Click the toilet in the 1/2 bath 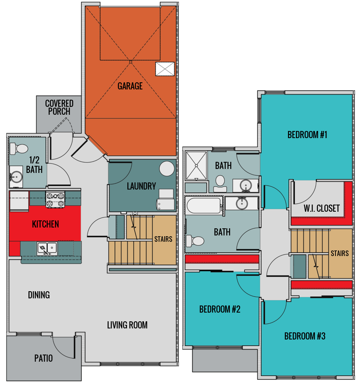19,148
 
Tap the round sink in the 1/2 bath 16,176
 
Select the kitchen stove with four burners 55,199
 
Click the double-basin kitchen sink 47,248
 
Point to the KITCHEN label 45,224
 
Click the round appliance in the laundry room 167,169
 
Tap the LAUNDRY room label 141,186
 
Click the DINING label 39,295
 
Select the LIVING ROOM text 127,325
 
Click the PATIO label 44,358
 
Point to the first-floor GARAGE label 130,86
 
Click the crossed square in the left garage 165,69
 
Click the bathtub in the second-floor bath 204,205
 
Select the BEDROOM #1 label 307,135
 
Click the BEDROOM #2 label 220,309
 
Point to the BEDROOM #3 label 305,336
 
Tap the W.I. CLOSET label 322,208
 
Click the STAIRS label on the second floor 340,253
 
